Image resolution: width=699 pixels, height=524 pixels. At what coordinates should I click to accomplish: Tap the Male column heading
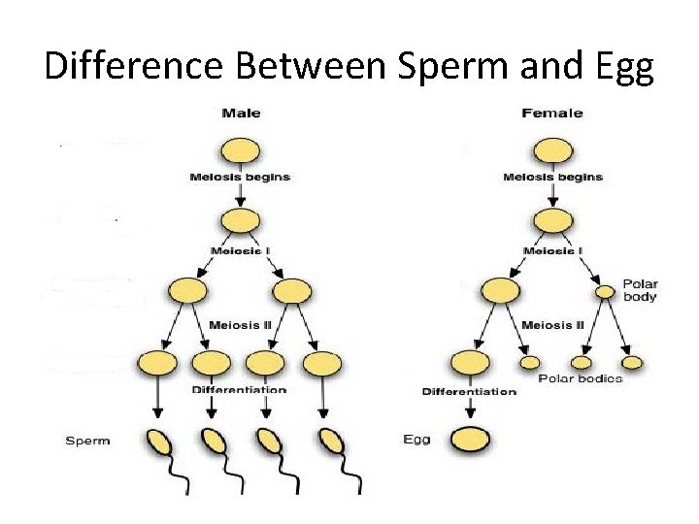point(241,114)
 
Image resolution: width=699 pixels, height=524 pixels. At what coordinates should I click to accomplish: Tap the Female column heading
point(552,114)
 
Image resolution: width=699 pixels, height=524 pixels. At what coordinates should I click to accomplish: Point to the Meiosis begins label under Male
point(240,178)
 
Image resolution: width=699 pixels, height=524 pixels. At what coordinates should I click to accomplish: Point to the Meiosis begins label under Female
point(552,178)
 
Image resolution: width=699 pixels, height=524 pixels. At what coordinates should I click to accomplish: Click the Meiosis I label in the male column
point(240,251)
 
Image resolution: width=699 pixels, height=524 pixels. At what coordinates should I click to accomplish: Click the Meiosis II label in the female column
point(552,324)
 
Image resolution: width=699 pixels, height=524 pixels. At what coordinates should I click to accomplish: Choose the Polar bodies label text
point(580,377)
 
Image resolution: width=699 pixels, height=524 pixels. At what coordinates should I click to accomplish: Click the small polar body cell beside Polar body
point(605,291)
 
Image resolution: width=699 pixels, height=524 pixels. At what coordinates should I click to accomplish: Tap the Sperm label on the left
point(87,441)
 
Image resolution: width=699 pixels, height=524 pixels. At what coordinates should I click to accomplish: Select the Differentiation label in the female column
point(469,392)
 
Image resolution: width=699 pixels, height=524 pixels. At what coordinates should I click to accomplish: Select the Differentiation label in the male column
point(240,390)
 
